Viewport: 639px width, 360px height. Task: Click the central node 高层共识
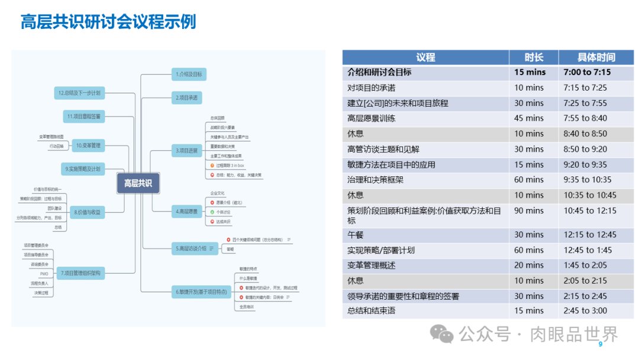click(138, 183)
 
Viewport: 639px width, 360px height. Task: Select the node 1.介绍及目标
click(189, 74)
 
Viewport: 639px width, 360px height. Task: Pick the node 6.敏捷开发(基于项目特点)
click(201, 292)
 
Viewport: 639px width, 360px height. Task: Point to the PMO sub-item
click(44, 274)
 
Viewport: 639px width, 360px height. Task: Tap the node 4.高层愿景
click(188, 211)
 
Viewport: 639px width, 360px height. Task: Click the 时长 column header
click(534, 57)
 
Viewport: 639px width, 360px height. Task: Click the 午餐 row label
click(356, 235)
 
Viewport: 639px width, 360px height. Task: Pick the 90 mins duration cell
click(529, 211)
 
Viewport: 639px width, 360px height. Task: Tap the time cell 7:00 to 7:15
click(587, 73)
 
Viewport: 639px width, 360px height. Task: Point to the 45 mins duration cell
click(529, 118)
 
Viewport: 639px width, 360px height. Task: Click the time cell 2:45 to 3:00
click(585, 311)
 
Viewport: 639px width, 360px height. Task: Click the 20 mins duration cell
click(529, 266)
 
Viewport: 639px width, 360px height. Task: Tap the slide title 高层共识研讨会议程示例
click(108, 22)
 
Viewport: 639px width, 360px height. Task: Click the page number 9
click(601, 345)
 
